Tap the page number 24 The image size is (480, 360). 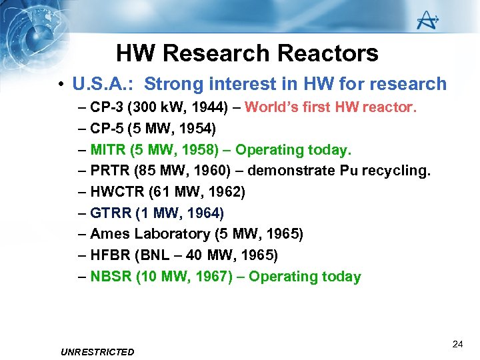[x=457, y=344]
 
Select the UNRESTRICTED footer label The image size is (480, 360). [x=97, y=351]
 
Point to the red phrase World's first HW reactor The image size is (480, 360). [x=331, y=107]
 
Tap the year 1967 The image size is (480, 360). [x=211, y=277]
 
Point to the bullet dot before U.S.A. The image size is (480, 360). [x=61, y=85]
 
